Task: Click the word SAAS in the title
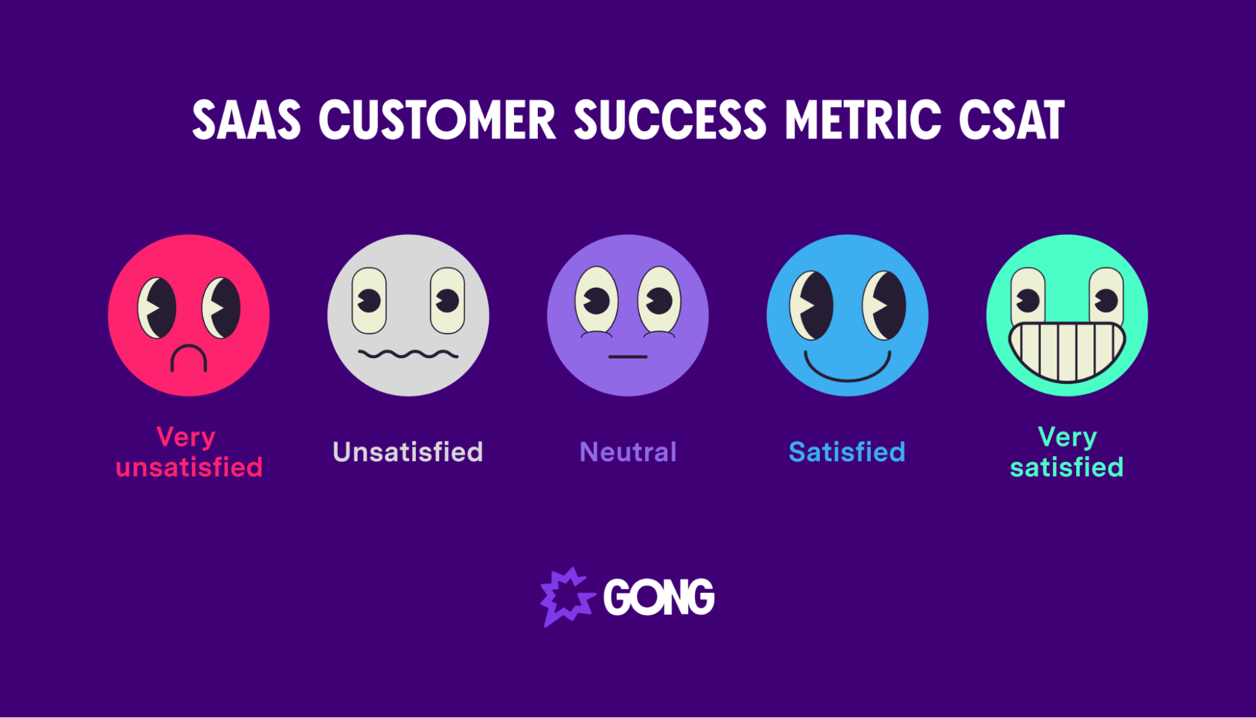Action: [x=246, y=120]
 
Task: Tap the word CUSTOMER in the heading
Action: [x=437, y=120]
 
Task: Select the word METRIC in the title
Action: [x=863, y=120]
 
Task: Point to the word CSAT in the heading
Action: [x=1012, y=120]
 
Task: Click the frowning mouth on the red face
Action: [x=188, y=358]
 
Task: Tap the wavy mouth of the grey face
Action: [x=408, y=354]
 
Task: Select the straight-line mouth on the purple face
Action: [x=628, y=357]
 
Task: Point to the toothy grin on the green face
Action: [x=1067, y=352]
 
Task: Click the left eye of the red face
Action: [x=157, y=308]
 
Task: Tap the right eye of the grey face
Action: [x=447, y=300]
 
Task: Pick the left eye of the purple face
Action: [x=596, y=300]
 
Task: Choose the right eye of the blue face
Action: [x=885, y=305]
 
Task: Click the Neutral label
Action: [x=628, y=452]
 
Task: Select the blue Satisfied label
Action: [x=847, y=452]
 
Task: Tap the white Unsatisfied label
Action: [x=408, y=452]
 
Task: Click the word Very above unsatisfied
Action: [x=186, y=437]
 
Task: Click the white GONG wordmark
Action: [x=658, y=597]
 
